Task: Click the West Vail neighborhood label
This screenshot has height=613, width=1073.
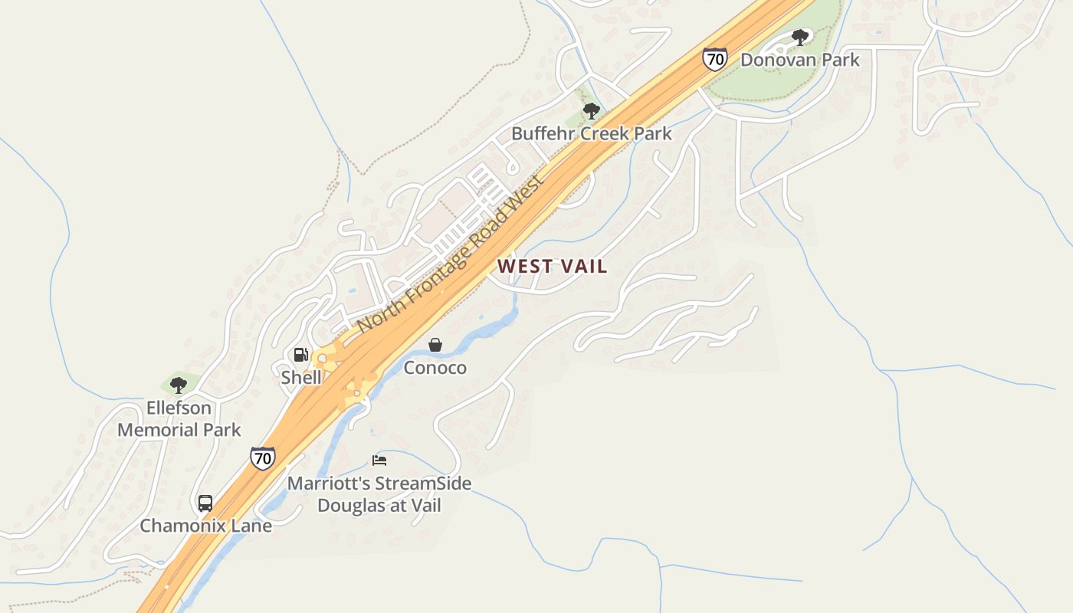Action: coord(552,266)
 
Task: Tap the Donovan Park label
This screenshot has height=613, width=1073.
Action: coord(799,60)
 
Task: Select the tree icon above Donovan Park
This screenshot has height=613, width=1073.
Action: coord(800,37)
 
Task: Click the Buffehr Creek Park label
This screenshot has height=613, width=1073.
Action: coord(591,133)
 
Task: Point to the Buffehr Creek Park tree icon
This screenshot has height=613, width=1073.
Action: coord(591,111)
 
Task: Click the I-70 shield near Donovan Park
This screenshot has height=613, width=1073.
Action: coord(714,59)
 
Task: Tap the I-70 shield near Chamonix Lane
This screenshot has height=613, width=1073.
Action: coord(262,458)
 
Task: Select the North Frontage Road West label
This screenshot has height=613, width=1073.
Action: coord(451,254)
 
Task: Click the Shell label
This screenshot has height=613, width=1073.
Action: coord(301,377)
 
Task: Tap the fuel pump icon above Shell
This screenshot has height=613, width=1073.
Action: coord(301,355)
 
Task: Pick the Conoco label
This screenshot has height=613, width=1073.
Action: coord(435,368)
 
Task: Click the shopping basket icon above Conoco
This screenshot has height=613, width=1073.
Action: coord(435,345)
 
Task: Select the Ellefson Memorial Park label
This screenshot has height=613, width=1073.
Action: coord(179,418)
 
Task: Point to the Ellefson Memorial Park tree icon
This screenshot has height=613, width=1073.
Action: coord(179,385)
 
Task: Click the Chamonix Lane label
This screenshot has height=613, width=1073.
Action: coord(205,526)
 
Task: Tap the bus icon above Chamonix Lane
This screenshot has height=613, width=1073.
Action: coord(205,503)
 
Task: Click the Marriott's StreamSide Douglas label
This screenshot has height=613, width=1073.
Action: coord(379,494)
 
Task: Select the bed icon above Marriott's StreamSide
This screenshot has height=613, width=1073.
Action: coord(379,461)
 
